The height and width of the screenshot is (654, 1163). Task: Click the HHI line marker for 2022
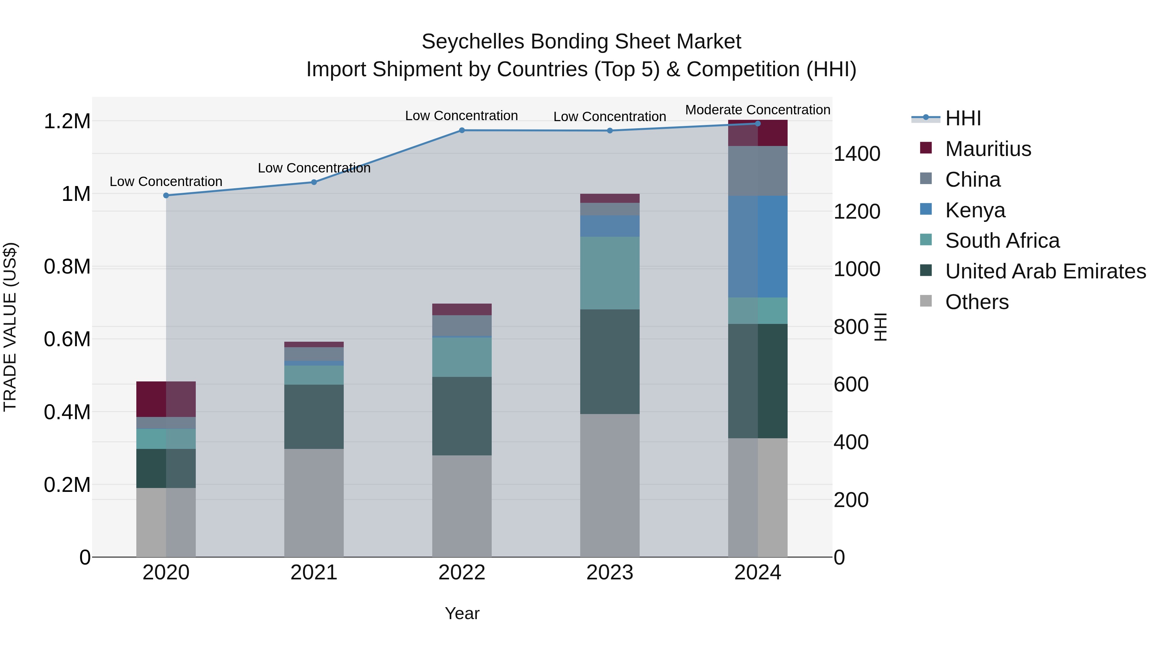[461, 130]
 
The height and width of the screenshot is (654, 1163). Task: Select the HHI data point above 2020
[166, 195]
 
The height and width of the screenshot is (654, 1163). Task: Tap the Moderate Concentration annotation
[758, 110]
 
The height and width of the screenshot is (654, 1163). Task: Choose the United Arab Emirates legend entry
[1045, 271]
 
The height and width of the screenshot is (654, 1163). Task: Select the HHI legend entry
[963, 118]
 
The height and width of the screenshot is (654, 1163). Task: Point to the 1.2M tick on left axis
[67, 121]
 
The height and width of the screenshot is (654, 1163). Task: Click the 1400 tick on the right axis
[856, 154]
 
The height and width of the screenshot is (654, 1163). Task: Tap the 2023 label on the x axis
[610, 573]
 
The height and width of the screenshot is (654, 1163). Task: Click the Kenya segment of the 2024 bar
[758, 246]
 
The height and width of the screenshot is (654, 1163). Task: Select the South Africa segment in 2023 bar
[610, 273]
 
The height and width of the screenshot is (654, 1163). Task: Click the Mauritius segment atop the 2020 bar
[166, 399]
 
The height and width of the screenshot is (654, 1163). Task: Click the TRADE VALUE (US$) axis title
[10, 327]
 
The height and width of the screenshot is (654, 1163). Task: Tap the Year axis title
[462, 613]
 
